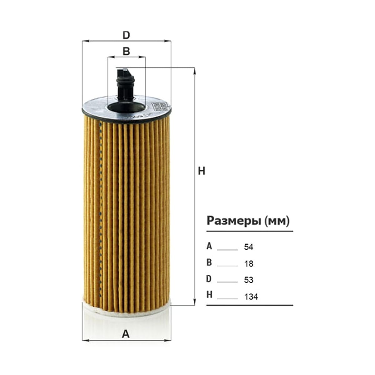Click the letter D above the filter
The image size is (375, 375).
pyautogui.click(x=126, y=35)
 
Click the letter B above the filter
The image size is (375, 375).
pyautogui.click(x=126, y=52)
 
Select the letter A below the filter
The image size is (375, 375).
pyautogui.click(x=126, y=334)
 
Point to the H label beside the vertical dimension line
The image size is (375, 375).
pyautogui.click(x=202, y=172)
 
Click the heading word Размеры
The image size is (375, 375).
pyautogui.click(x=233, y=221)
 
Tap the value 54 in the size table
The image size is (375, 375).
pyautogui.click(x=249, y=247)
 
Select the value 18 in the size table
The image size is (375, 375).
pyautogui.click(x=249, y=264)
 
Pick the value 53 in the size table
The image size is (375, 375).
pyautogui.click(x=249, y=280)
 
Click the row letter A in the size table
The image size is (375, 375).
pyautogui.click(x=209, y=246)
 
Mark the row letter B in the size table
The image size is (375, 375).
pyautogui.click(x=209, y=262)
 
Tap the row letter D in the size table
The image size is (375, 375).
pyautogui.click(x=209, y=279)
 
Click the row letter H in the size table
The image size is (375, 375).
pyautogui.click(x=209, y=295)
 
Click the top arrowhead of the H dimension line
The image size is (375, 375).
pyautogui.click(x=195, y=71)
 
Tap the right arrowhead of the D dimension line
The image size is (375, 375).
pyautogui.click(x=168, y=41)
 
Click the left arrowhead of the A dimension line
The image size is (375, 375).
pyautogui.click(x=86, y=346)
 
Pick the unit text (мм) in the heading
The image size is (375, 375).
pyautogui.click(x=277, y=221)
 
